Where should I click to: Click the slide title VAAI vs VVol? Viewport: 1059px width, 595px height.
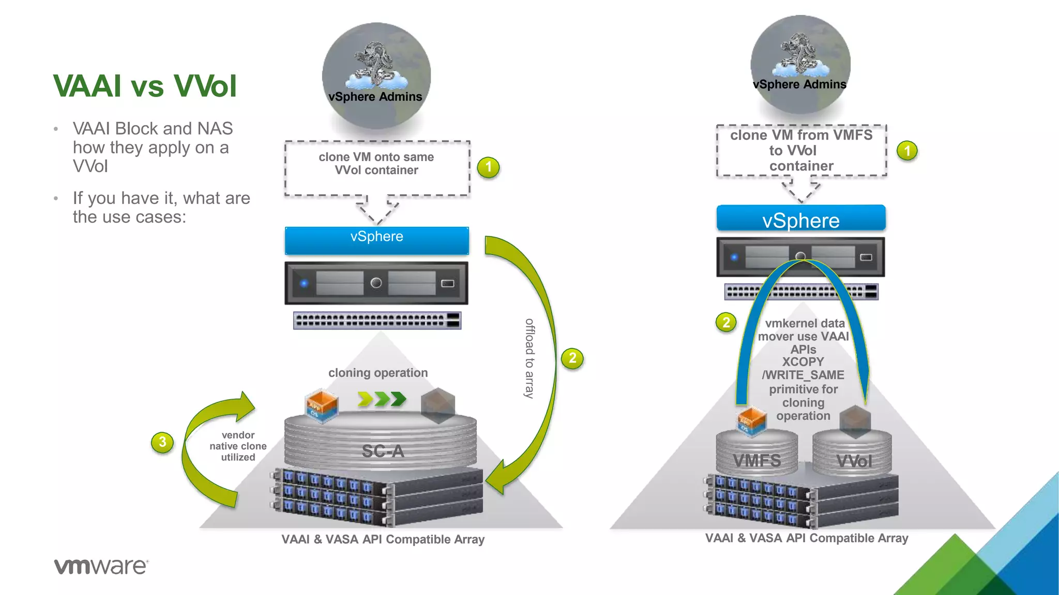[145, 86]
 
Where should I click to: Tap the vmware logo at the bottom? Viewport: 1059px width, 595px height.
[101, 566]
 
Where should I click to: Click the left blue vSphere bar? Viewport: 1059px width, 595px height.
[376, 240]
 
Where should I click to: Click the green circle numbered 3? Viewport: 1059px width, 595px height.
[162, 442]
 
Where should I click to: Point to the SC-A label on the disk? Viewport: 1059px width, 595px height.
[383, 451]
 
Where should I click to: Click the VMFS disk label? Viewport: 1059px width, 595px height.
[757, 460]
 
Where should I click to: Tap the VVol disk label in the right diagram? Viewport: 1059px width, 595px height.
[854, 461]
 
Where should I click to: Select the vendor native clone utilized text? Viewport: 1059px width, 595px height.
[238, 446]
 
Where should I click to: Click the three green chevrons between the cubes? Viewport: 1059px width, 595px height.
[382, 399]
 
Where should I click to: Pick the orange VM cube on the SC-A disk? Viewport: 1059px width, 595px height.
[322, 406]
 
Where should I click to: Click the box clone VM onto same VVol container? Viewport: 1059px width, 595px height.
[376, 164]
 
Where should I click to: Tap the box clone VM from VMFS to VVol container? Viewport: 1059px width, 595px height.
[801, 150]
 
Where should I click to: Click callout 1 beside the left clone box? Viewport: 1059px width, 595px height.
[488, 167]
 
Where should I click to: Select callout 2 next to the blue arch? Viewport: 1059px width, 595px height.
[726, 322]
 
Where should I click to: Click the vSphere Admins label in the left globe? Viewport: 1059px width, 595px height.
[375, 97]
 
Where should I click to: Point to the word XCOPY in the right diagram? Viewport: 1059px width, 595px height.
[803, 362]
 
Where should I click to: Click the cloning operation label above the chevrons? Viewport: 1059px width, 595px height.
[378, 372]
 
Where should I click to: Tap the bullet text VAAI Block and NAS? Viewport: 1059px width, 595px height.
[153, 128]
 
